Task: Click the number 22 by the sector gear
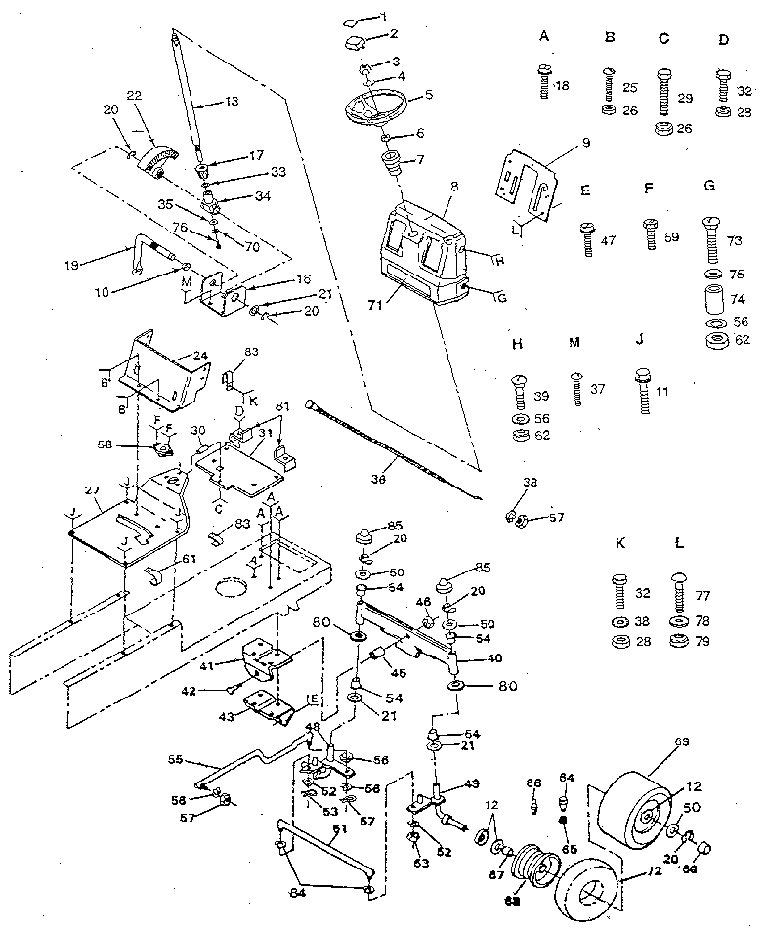134,95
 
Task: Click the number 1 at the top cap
384,17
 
